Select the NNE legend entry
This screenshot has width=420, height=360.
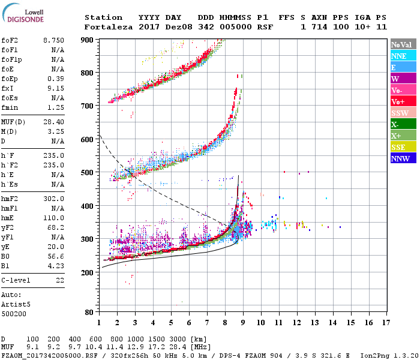[403, 56]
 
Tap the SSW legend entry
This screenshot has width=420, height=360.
[403, 113]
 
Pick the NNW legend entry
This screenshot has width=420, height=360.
[403, 159]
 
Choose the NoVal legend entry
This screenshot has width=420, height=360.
[403, 44]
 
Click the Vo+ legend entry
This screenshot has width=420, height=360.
[403, 101]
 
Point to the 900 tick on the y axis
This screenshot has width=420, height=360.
[88, 40]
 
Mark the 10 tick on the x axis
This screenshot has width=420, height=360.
[261, 322]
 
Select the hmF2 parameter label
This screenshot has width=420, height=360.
[9, 199]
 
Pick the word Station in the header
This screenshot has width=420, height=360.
[103, 17]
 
